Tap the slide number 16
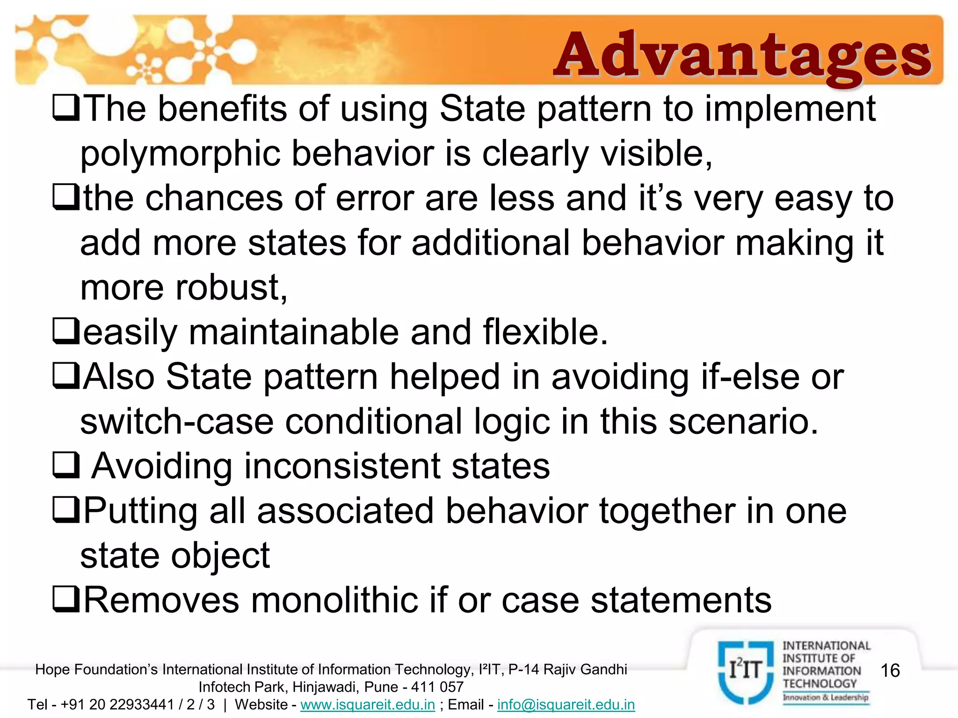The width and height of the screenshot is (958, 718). [x=890, y=670]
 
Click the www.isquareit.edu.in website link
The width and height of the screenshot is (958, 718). [x=368, y=704]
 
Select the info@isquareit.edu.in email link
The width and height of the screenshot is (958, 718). [x=566, y=704]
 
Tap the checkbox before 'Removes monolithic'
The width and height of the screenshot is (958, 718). [x=66, y=600]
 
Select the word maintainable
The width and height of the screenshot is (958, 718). [x=294, y=332]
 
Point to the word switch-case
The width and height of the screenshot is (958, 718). [x=177, y=422]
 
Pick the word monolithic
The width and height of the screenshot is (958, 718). [x=334, y=600]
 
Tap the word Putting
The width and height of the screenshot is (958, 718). [x=141, y=511]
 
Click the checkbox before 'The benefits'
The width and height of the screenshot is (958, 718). [x=66, y=108]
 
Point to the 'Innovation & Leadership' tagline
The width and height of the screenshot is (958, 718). [x=826, y=697]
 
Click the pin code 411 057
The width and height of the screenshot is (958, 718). [x=437, y=687]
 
